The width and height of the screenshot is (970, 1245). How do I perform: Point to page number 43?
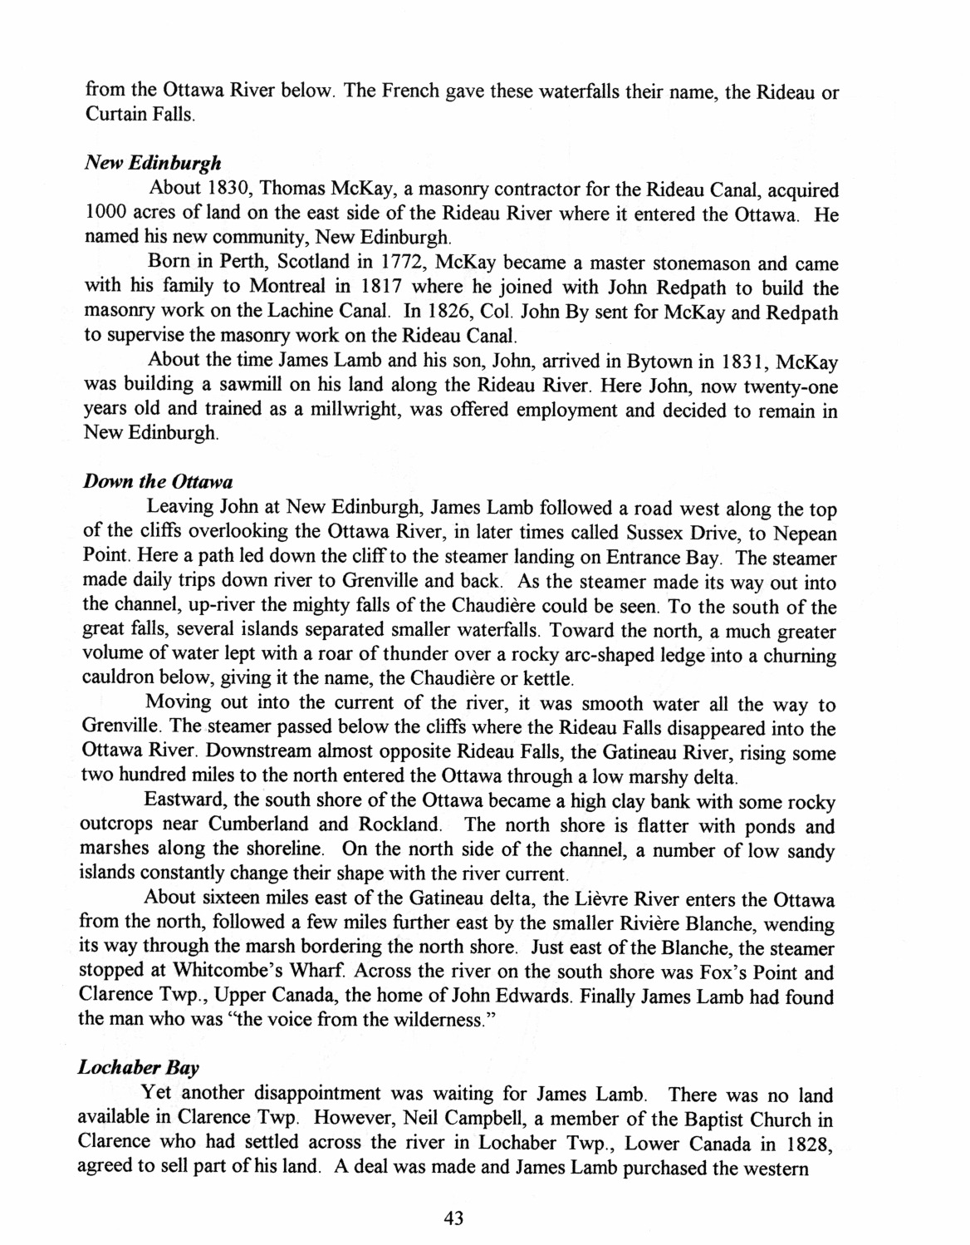pos(453,1218)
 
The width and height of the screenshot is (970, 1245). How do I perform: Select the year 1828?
pos(805,1143)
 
